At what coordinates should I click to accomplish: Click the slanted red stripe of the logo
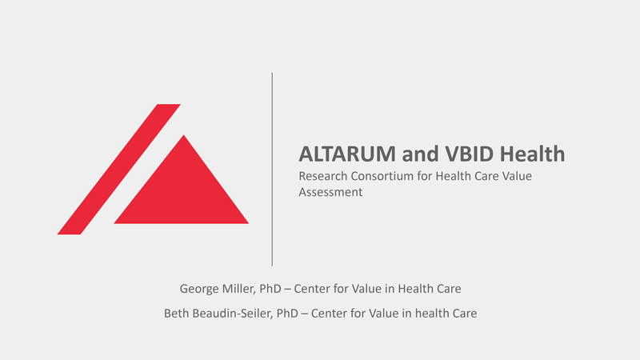[118, 170]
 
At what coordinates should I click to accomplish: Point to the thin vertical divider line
[272, 170]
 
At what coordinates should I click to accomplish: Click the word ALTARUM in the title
[347, 154]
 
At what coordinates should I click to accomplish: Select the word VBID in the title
[470, 154]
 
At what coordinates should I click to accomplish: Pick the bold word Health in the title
[533, 154]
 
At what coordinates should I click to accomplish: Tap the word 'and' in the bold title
[420, 154]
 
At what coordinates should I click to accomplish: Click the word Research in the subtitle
[322, 176]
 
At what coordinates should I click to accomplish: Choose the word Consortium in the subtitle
[382, 176]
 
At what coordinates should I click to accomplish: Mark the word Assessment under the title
[330, 192]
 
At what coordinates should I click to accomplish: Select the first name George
[199, 289]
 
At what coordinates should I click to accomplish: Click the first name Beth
[176, 314]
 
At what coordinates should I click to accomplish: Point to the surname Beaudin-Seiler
[233, 314]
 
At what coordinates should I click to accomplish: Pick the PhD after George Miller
[270, 289]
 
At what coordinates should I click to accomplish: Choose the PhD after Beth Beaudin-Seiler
[287, 314]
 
